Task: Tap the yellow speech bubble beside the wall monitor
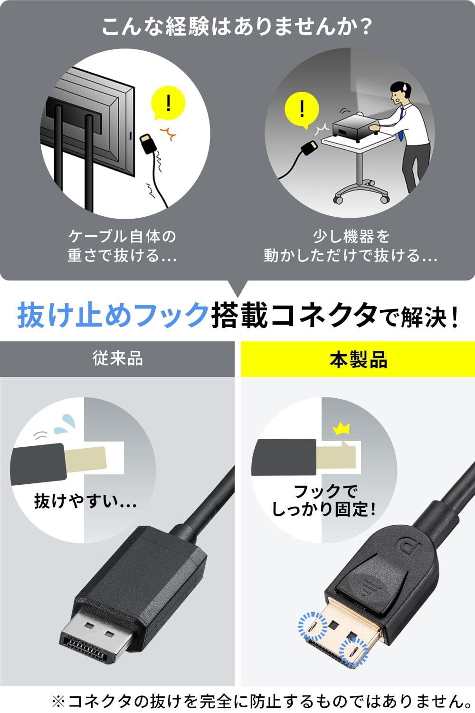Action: [168, 104]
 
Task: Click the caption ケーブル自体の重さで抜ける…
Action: [122, 246]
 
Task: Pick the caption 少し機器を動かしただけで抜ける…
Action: [351, 246]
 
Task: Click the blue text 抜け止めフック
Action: [113, 315]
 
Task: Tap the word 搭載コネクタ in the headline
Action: [294, 315]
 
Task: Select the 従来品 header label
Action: [117, 358]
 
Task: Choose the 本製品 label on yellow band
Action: [358, 359]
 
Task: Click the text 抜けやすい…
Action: [85, 501]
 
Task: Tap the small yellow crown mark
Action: [341, 429]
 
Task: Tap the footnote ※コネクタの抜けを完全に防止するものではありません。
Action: [261, 701]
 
